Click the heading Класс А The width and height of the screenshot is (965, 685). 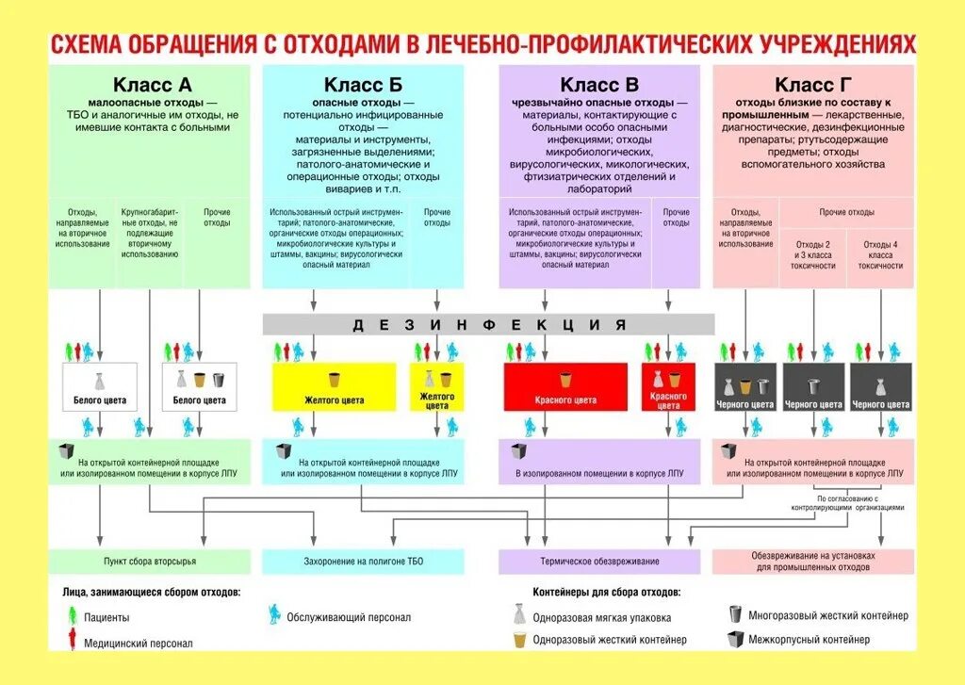(x=152, y=86)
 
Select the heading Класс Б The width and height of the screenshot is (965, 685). (x=363, y=86)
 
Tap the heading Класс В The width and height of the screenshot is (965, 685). (x=599, y=86)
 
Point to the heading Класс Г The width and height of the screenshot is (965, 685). (x=813, y=86)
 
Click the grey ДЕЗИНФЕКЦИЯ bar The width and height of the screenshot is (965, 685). (x=489, y=325)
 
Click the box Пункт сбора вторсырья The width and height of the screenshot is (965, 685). (x=150, y=562)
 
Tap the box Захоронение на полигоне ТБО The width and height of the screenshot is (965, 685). (x=363, y=562)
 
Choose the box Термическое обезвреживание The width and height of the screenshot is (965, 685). (x=599, y=562)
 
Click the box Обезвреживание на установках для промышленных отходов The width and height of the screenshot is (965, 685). (x=813, y=562)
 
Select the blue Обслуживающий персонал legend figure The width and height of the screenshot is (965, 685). (x=274, y=615)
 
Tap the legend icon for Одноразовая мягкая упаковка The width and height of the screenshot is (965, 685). (x=518, y=615)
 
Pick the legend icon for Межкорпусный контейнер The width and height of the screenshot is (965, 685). (x=734, y=639)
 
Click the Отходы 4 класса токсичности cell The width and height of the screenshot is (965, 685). (x=880, y=254)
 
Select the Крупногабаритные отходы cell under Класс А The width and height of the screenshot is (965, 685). (x=149, y=233)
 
